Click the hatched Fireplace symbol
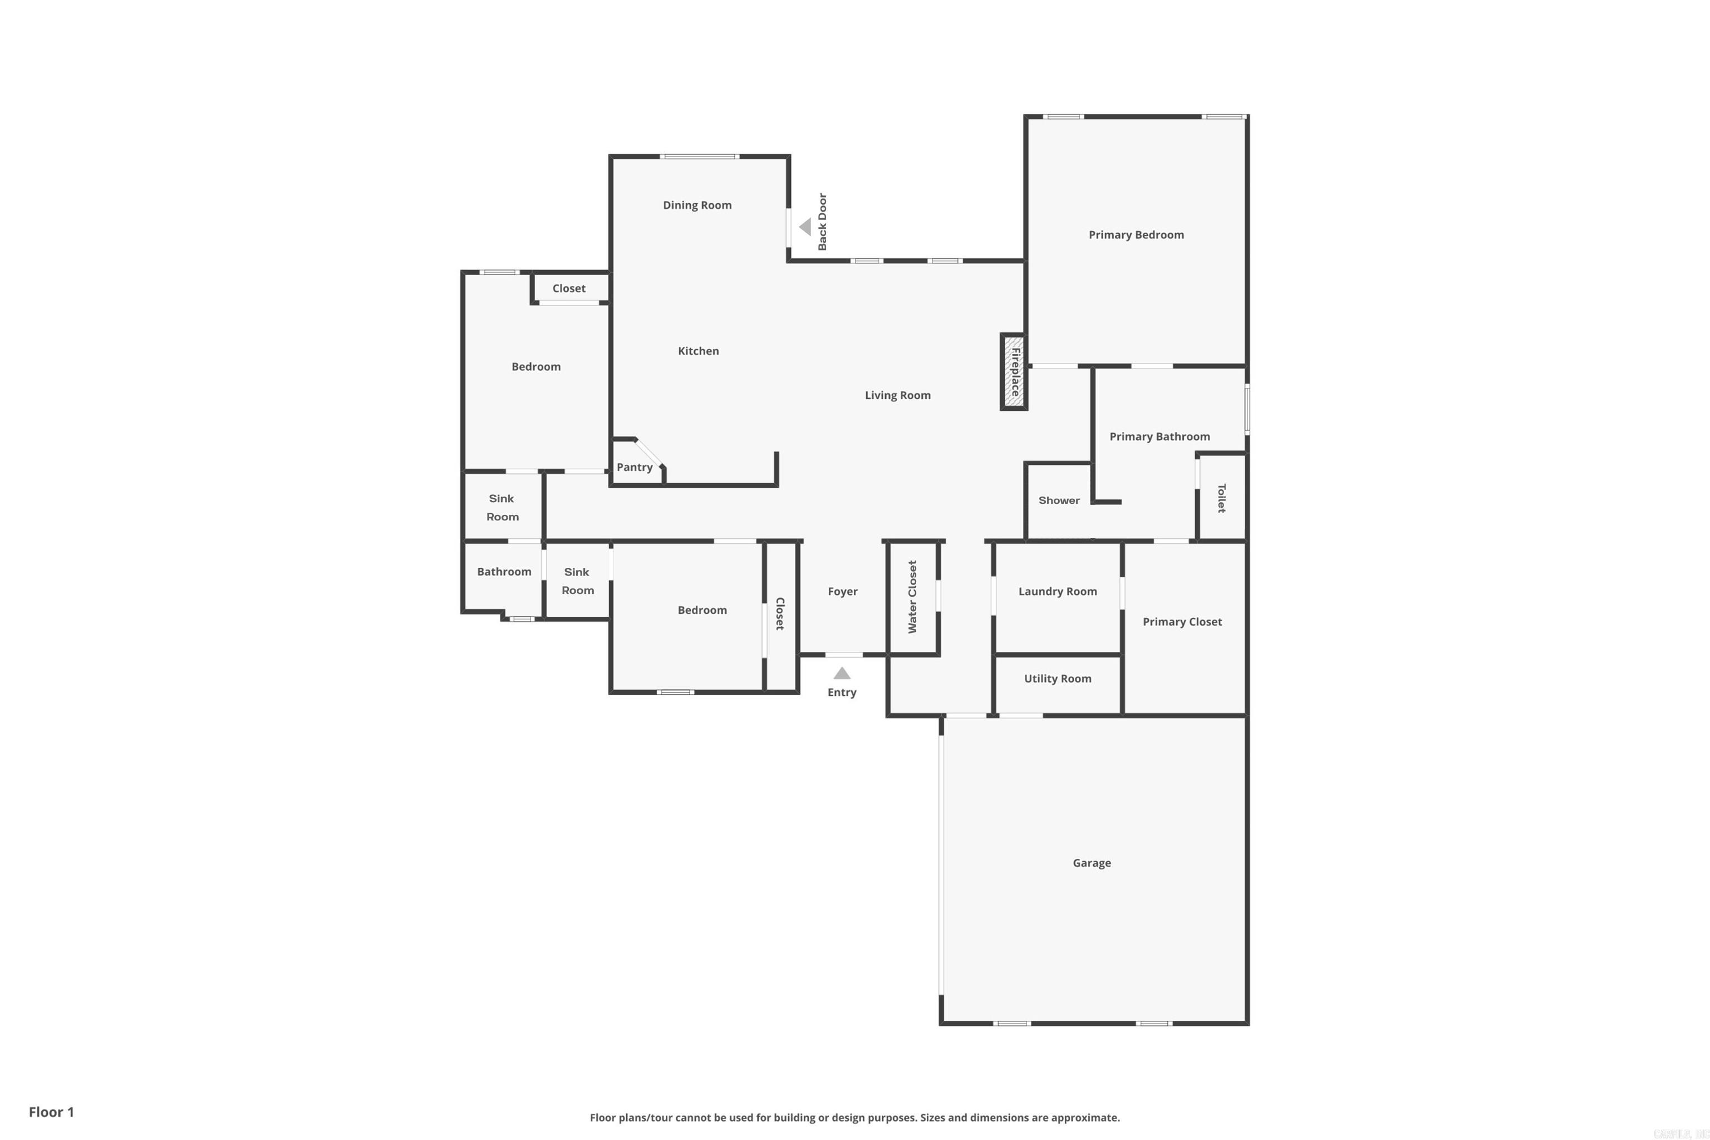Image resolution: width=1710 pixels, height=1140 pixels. point(1014,372)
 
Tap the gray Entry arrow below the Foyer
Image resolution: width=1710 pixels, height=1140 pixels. point(842,673)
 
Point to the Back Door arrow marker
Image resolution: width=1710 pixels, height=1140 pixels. point(805,227)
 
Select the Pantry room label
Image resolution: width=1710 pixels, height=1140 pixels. point(634,468)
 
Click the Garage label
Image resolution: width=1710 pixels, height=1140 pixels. point(1091,863)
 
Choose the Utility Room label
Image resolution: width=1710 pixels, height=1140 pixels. point(1057,679)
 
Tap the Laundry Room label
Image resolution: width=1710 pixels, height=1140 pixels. point(1057,591)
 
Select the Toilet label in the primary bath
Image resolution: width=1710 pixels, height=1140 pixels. point(1221,498)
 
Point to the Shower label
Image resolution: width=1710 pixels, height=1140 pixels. point(1059,500)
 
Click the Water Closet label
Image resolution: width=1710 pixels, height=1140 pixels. point(912,597)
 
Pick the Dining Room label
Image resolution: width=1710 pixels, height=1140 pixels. point(696,205)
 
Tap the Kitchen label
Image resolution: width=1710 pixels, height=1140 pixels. point(698,351)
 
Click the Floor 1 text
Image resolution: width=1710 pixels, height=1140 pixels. point(51,1112)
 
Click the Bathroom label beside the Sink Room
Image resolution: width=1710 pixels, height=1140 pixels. point(504,572)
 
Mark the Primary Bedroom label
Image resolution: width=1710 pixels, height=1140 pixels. point(1136,235)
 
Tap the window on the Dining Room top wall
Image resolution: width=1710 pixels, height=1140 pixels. point(699,156)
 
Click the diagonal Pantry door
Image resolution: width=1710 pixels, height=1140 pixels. point(649,453)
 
